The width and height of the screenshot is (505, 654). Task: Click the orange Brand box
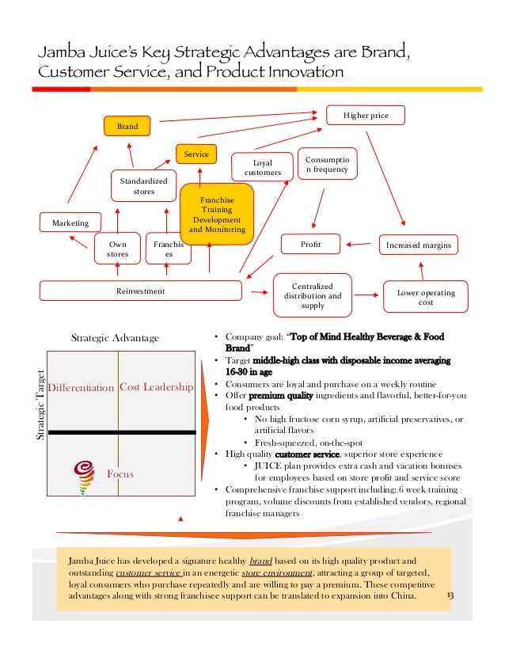tap(127, 126)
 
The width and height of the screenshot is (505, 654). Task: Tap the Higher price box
tap(365, 116)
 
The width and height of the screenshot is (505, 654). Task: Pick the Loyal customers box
tap(262, 168)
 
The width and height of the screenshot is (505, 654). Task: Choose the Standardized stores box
tap(143, 186)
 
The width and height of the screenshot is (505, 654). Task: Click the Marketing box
tap(70, 222)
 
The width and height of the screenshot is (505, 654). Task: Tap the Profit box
tap(310, 245)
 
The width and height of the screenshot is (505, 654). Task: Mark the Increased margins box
tap(418, 245)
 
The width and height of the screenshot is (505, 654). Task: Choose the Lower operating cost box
tap(426, 298)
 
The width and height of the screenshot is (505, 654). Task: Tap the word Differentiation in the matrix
tap(81, 388)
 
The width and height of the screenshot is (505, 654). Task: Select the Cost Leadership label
tap(156, 387)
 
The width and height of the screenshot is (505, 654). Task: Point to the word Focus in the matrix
tap(120, 474)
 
